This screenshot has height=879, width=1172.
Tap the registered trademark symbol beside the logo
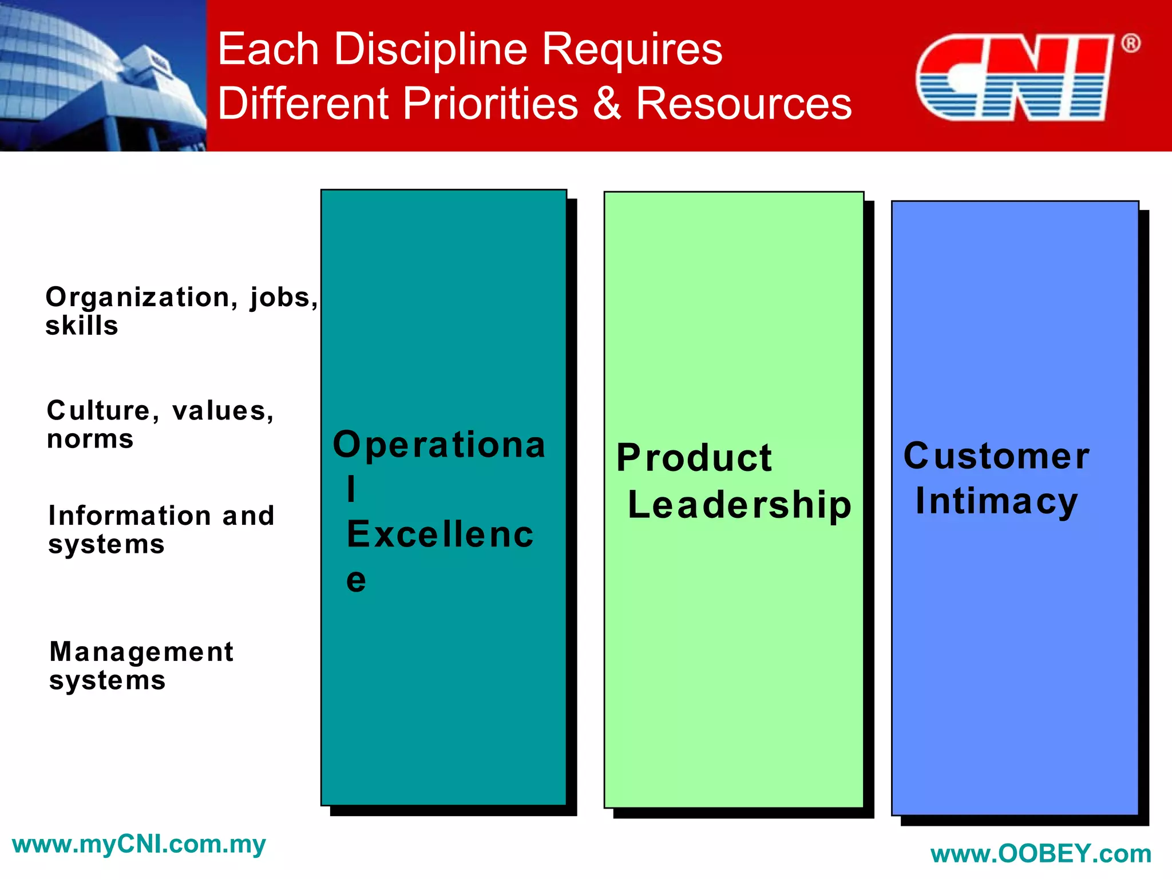(x=1130, y=43)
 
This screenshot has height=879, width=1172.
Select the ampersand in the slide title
(x=607, y=104)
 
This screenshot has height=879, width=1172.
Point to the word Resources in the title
(x=744, y=104)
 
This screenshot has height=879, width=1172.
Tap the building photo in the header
(x=103, y=76)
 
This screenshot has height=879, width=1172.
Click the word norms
(x=90, y=439)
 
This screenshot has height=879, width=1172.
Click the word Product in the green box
(x=694, y=458)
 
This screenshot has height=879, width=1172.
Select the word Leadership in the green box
(x=739, y=505)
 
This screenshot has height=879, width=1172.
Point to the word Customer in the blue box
(x=996, y=457)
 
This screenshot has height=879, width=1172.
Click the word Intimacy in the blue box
(x=996, y=502)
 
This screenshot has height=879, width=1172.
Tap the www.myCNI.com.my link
(x=138, y=845)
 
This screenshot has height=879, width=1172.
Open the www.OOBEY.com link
(x=1040, y=854)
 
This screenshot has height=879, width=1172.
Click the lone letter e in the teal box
(x=356, y=581)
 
